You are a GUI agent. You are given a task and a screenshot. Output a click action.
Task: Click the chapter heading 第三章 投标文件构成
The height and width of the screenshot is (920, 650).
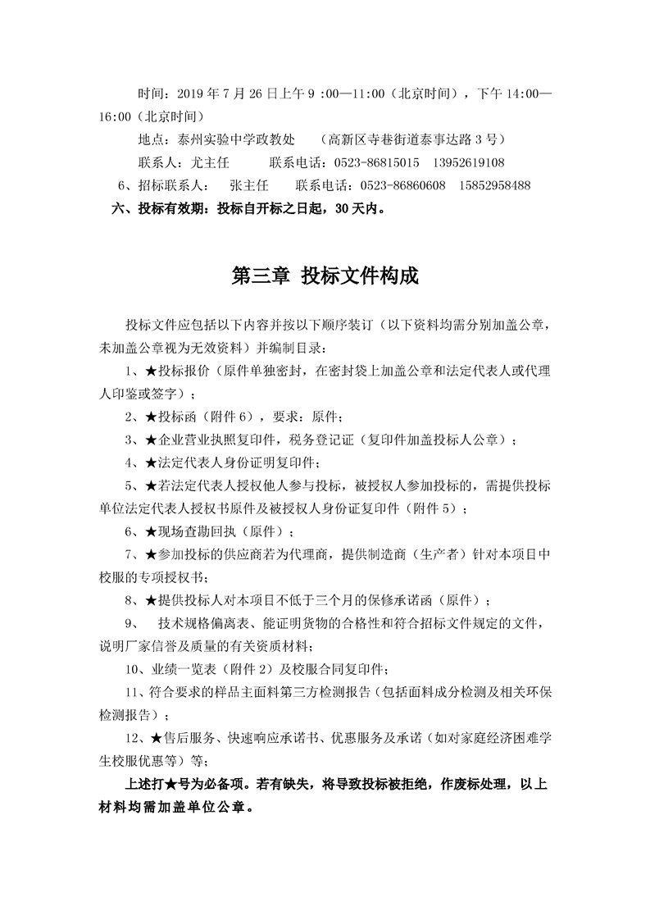325,276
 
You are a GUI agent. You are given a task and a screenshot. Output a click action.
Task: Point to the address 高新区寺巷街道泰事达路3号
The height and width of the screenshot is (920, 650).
414,139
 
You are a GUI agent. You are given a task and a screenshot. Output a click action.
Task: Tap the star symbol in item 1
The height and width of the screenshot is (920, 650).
151,371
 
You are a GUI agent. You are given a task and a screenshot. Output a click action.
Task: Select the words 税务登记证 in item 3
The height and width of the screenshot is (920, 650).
325,440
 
